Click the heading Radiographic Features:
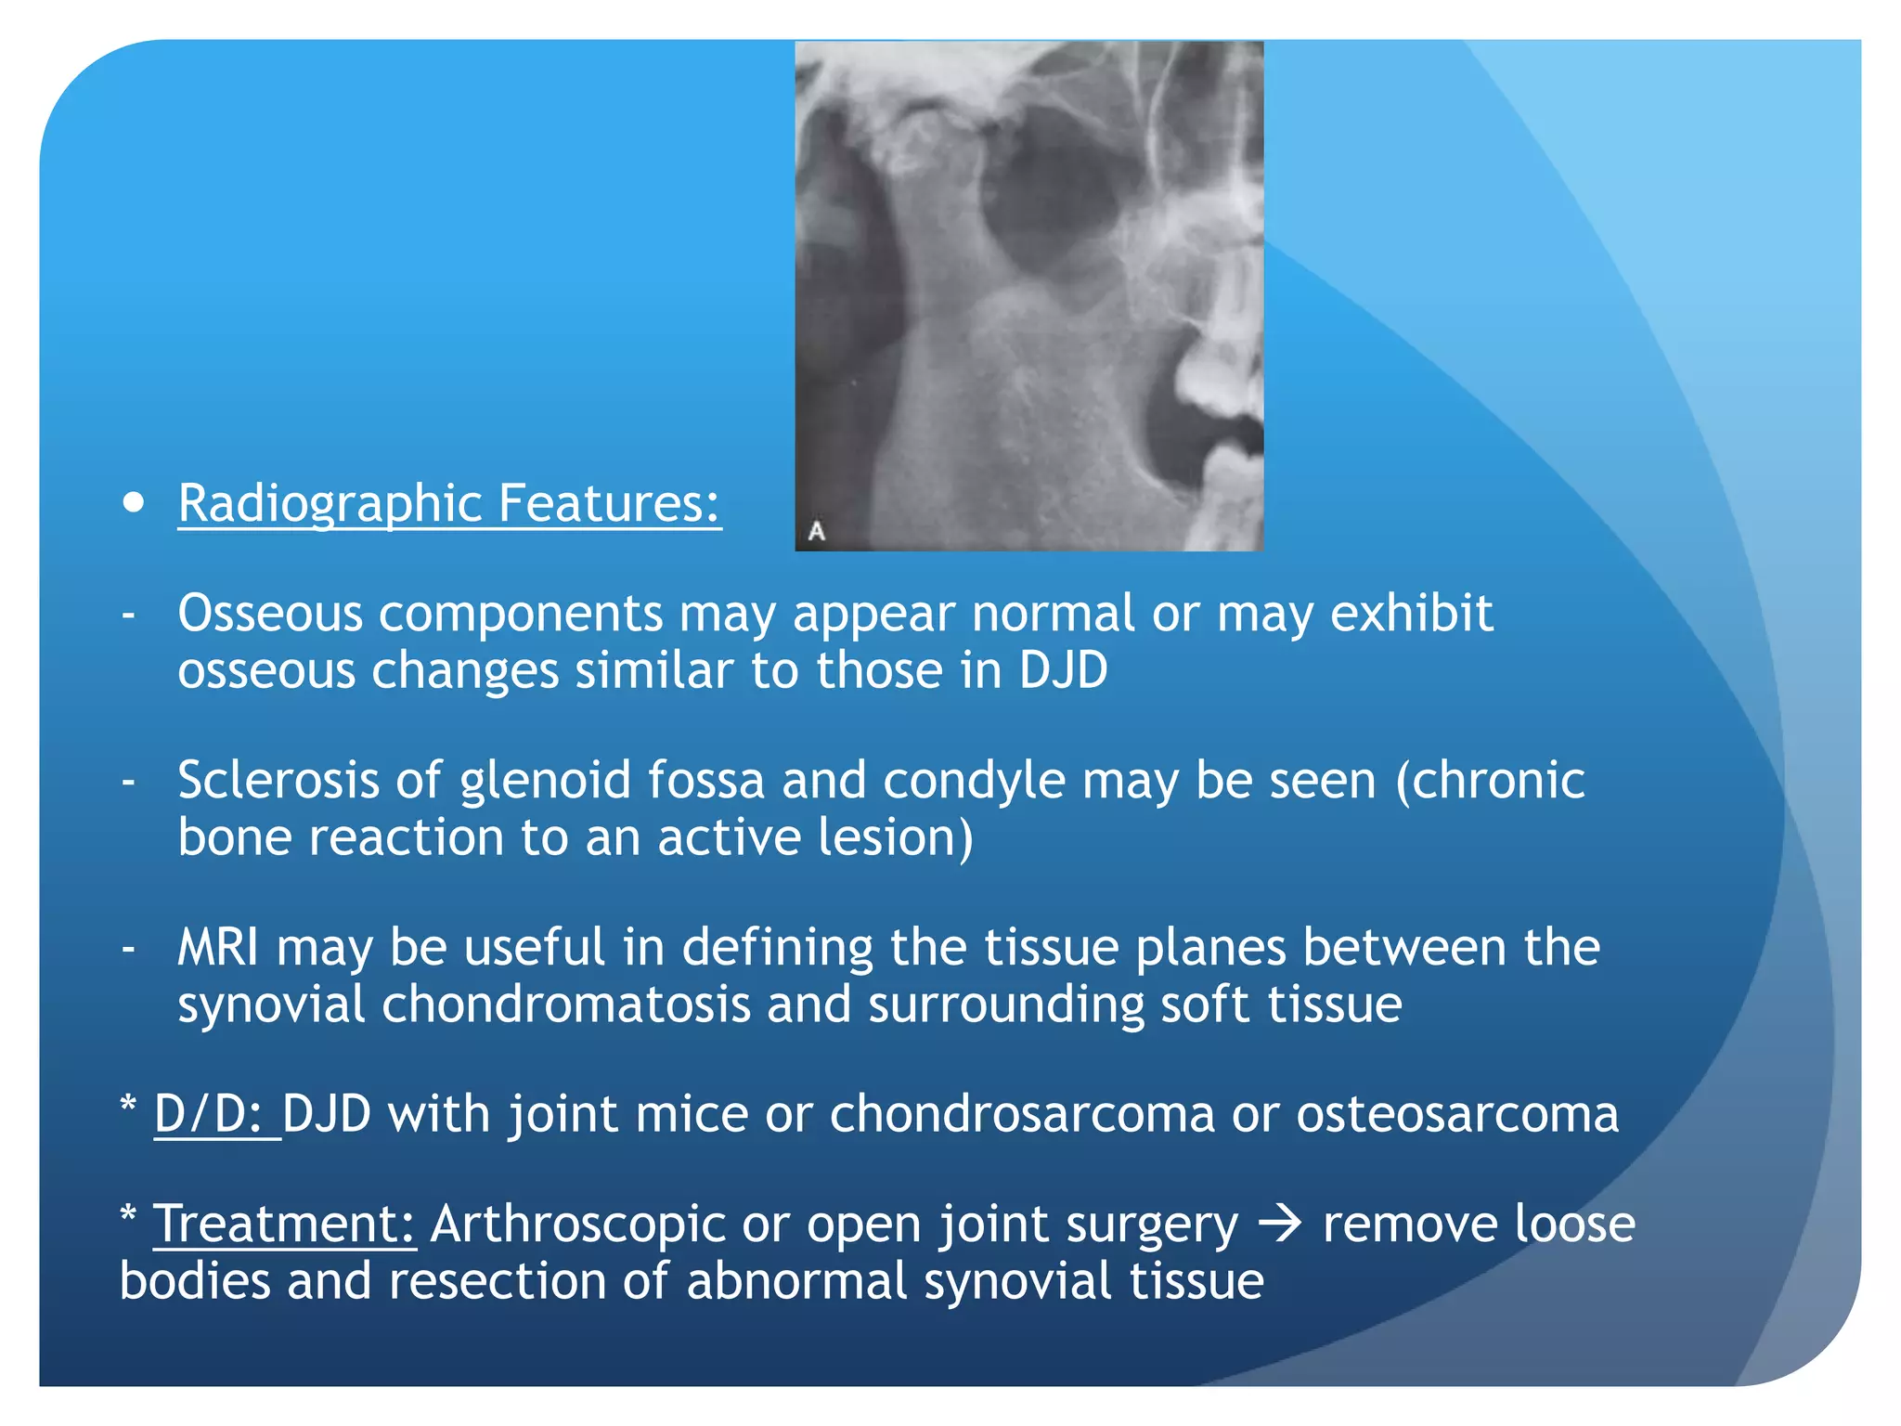pyautogui.click(x=449, y=503)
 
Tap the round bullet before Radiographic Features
pyautogui.click(x=134, y=502)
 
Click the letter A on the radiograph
pyautogui.click(x=817, y=531)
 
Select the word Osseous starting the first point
pyautogui.click(x=269, y=614)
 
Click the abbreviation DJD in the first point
pyautogui.click(x=1063, y=669)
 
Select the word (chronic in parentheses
pyautogui.click(x=1490, y=780)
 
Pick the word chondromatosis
pyautogui.click(x=565, y=1005)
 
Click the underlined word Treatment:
pyautogui.click(x=284, y=1224)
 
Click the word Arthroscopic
pyautogui.click(x=576, y=1225)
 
